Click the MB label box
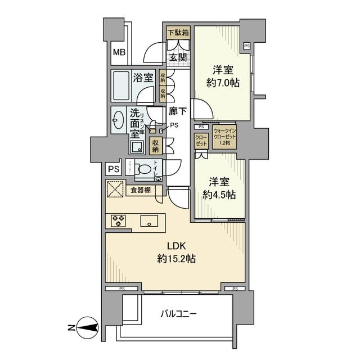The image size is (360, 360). tap(119, 53)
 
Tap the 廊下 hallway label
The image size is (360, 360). tap(178, 111)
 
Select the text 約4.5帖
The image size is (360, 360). tap(220, 194)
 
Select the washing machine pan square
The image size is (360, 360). tap(137, 147)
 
